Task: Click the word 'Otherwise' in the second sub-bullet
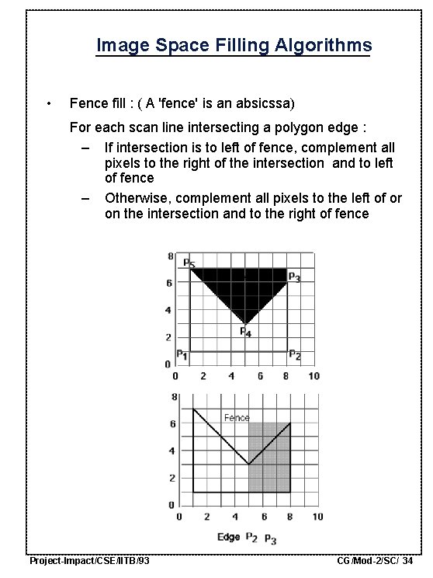[137, 198]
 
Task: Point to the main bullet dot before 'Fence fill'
[48, 104]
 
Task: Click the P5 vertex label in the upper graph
[189, 263]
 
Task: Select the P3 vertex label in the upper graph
[295, 277]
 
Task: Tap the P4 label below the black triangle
[244, 332]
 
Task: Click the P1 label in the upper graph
[182, 354]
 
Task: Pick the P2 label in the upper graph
[295, 355]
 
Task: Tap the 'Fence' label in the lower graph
[237, 417]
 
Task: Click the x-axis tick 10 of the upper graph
[313, 377]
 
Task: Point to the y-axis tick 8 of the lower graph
[171, 396]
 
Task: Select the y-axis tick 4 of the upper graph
[170, 310]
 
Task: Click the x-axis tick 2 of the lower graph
[204, 517]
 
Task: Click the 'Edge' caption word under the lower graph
[228, 538]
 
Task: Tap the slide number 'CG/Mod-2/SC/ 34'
[375, 561]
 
